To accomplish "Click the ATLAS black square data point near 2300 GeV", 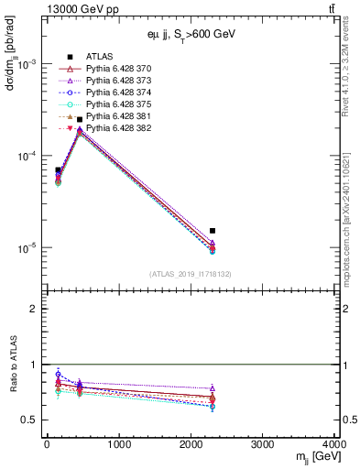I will (x=213, y=231).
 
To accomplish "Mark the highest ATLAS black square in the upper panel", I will (x=80, y=120).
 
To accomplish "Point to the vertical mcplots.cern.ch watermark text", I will (x=345, y=211).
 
